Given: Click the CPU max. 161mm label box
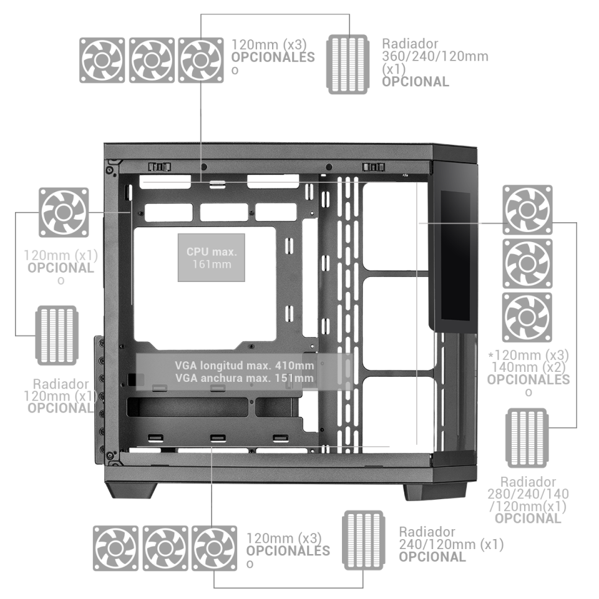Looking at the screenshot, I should pyautogui.click(x=212, y=258).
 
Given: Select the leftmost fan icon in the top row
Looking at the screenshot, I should pyautogui.click(x=102, y=60).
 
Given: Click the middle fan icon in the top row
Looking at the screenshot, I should pyautogui.click(x=151, y=60).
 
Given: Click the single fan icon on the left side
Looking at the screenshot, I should pyautogui.click(x=63, y=212).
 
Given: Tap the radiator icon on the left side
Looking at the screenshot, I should pyautogui.click(x=57, y=335).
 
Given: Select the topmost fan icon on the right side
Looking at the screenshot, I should pyautogui.click(x=527, y=211).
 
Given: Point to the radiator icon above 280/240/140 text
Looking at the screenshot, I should pyautogui.click(x=527, y=437).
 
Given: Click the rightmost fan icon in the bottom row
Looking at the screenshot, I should pyautogui.click(x=213, y=547).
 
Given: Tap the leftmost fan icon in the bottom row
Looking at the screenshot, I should pyautogui.click(x=115, y=547).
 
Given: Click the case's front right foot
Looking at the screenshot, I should pyautogui.click(x=434, y=490).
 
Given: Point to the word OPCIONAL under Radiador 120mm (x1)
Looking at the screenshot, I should pyautogui.click(x=61, y=407).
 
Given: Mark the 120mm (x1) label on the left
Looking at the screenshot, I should pyautogui.click(x=61, y=256).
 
